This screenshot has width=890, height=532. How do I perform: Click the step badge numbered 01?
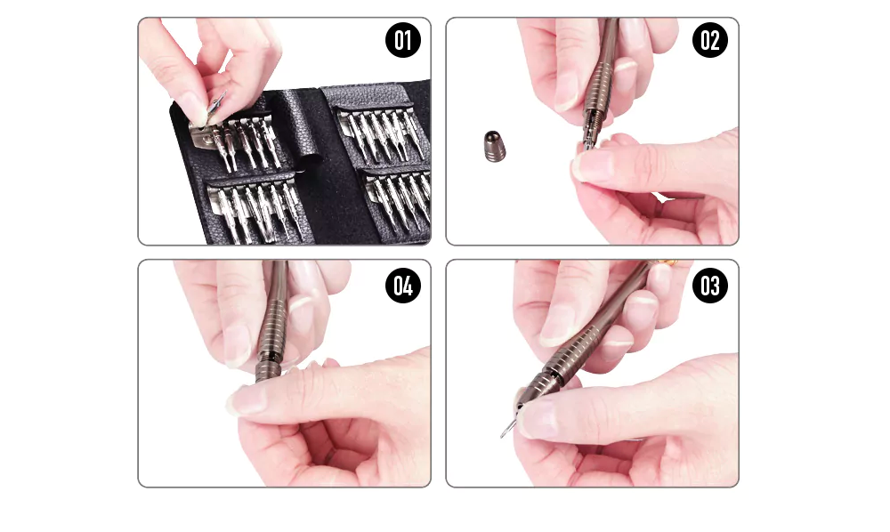click(x=402, y=41)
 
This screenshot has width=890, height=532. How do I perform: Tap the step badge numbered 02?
click(x=709, y=41)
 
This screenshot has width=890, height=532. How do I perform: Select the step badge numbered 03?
click(x=709, y=286)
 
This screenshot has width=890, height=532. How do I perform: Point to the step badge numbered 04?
click(x=402, y=286)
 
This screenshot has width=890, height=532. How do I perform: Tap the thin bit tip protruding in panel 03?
click(x=506, y=429)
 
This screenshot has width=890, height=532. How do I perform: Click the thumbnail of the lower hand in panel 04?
click(x=245, y=399)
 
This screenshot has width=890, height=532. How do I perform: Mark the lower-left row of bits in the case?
click(x=253, y=210)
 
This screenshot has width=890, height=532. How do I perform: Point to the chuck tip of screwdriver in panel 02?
click(x=589, y=139)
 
